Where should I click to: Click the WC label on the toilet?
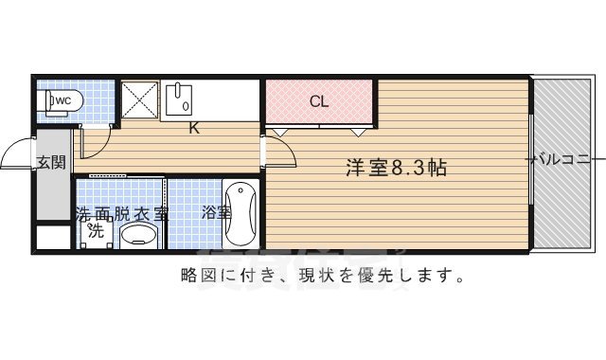click(x=61, y=99)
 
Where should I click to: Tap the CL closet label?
click(x=319, y=101)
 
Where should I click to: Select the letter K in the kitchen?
click(x=192, y=129)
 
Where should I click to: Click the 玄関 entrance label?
click(x=51, y=162)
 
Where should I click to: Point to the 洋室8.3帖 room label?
click(x=396, y=170)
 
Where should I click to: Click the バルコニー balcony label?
click(x=565, y=160)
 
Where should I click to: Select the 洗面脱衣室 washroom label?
click(x=120, y=213)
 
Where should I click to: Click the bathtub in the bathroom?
click(x=241, y=214)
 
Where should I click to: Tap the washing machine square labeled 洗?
click(x=95, y=230)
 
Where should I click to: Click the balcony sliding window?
click(x=531, y=166)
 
